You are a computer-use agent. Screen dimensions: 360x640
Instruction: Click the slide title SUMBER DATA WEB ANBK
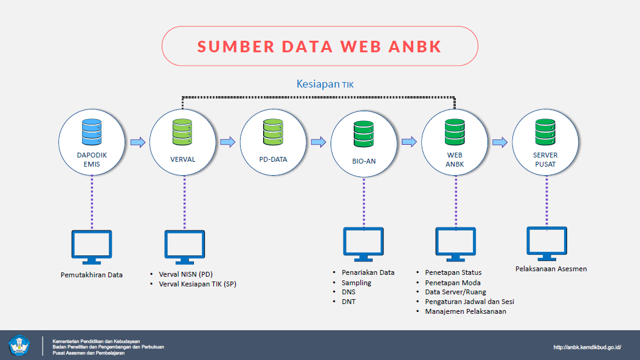tap(320, 46)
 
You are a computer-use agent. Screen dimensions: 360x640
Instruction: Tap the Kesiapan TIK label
tap(325, 84)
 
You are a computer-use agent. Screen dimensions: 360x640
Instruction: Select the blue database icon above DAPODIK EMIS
tap(91, 131)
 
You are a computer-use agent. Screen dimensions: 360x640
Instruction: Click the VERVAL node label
tap(182, 159)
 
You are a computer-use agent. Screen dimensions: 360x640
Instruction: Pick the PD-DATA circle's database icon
tap(273, 131)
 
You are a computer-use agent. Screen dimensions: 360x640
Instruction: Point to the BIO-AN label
tap(364, 162)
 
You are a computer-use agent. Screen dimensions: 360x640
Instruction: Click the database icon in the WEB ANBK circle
tap(455, 131)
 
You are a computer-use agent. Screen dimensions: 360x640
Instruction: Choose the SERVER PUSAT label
tap(545, 159)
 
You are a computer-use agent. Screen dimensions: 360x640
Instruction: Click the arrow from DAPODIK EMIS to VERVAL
tap(138, 142)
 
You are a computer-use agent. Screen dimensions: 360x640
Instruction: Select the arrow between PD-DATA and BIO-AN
tap(318, 142)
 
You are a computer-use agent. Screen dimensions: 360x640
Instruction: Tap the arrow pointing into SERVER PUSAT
tap(500, 142)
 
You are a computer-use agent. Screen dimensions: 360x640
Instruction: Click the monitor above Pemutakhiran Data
tap(91, 247)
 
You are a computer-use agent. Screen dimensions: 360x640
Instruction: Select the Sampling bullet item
tap(356, 283)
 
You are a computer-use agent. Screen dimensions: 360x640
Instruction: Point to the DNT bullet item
tap(348, 301)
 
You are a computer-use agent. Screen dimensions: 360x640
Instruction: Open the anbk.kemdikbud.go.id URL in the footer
tap(587, 347)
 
